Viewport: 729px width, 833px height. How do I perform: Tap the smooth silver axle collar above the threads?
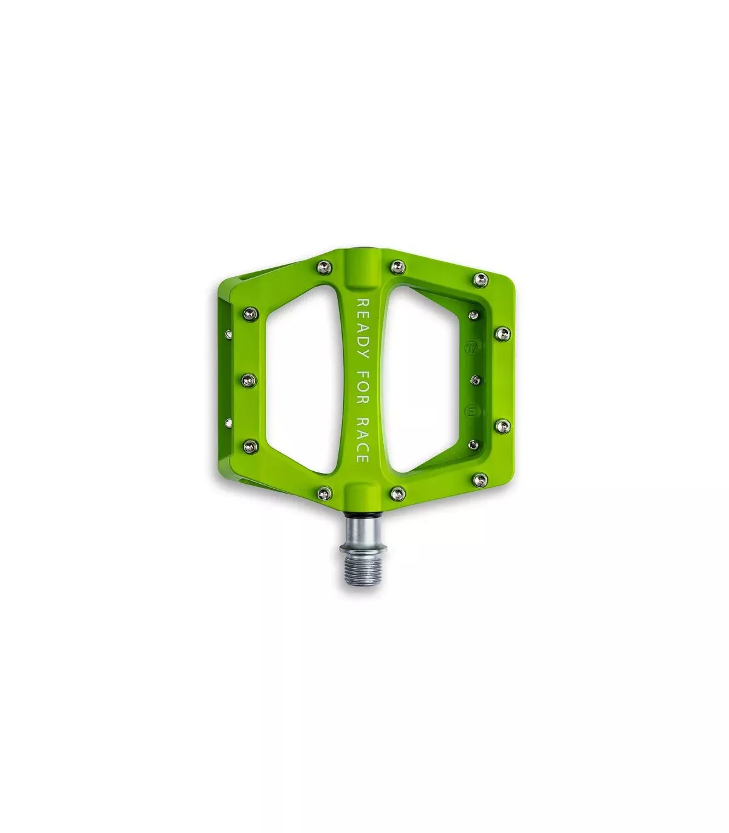point(360,531)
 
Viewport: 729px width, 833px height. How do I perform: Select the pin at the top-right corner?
point(481,279)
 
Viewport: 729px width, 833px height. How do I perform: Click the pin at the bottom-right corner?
point(481,479)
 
